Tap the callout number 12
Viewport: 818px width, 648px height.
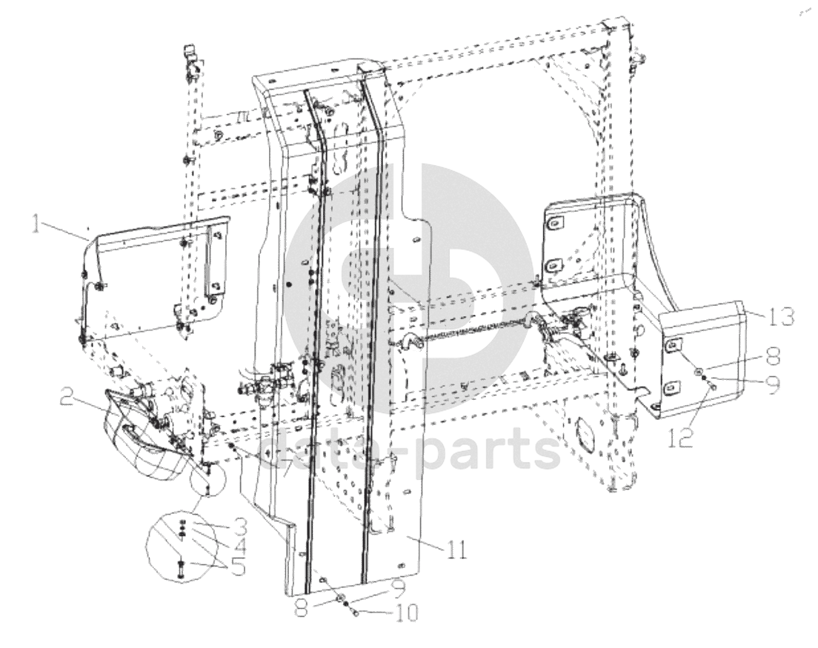pyautogui.click(x=682, y=438)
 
